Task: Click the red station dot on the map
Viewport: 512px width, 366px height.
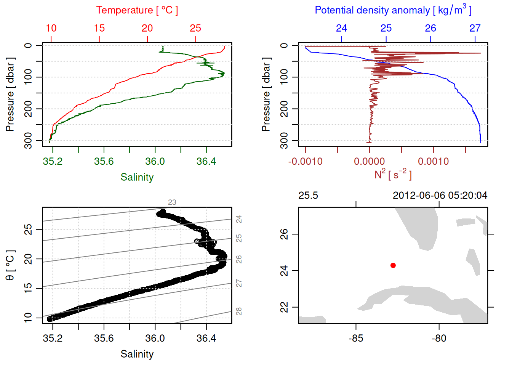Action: (x=393, y=265)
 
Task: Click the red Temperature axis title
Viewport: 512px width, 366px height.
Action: (x=137, y=10)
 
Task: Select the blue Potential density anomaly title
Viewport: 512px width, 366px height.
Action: (x=393, y=10)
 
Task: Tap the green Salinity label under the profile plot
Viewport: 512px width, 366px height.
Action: (x=137, y=177)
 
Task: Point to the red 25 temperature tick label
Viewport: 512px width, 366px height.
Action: (x=195, y=28)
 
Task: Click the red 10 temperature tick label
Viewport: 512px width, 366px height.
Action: (x=51, y=28)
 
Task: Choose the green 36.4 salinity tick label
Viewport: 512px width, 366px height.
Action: (x=206, y=162)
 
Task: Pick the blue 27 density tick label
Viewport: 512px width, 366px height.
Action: (x=475, y=28)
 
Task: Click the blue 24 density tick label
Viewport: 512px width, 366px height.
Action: (x=341, y=28)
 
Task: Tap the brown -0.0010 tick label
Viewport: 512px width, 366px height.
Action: (x=305, y=162)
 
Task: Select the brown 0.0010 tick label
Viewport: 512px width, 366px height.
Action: (x=433, y=162)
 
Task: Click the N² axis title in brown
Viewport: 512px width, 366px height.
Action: (x=393, y=175)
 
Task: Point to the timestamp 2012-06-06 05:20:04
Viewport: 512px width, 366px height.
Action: (x=440, y=196)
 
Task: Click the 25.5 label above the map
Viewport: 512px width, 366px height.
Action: (x=308, y=196)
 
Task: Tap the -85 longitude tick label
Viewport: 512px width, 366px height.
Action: (x=356, y=338)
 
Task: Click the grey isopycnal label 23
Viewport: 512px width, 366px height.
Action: (x=172, y=202)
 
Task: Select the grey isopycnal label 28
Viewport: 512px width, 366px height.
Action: (x=239, y=311)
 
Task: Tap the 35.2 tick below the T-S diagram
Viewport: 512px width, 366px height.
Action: (x=53, y=338)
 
